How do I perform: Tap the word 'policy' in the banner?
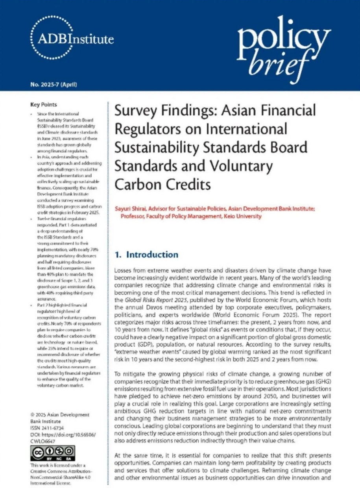pos(283,37)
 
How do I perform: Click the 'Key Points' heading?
pos(43,105)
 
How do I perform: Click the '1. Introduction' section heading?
pos(146,255)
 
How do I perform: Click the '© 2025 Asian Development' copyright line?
pos(59,415)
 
